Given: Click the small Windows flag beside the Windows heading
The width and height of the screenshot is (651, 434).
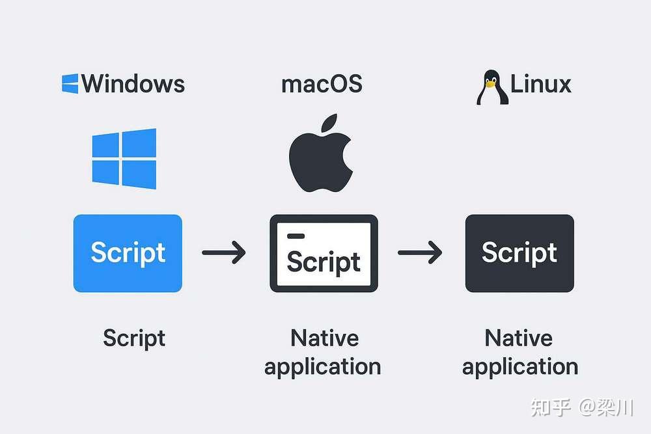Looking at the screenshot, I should pos(70,83).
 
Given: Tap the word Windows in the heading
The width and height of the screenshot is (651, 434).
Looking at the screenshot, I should pos(133,84).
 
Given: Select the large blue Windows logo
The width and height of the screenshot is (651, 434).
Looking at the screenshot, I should pos(124,159).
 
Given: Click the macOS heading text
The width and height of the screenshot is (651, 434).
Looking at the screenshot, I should pos(322,84).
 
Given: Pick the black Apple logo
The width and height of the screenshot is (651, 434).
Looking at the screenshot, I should pos(321,159).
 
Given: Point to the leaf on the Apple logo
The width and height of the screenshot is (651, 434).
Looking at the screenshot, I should pos(329,124).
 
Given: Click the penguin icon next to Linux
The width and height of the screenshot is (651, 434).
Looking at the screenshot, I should pos(490,88).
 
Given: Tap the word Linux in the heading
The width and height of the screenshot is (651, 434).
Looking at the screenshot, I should pos(540,84).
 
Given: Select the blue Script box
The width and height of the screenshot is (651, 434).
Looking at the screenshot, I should pos(128,253).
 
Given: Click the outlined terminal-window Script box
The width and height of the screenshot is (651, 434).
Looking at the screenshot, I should pos(324,253).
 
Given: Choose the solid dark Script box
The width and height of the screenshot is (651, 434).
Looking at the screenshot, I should pos(519,253).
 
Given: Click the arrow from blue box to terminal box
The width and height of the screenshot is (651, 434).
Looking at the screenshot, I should pos(224,252).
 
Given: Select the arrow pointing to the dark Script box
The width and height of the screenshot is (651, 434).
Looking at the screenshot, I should pos(420,252).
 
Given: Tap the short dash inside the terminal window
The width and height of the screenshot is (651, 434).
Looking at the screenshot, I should pos(295,236).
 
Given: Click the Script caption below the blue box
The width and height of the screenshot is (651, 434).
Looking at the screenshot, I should pos(134,338).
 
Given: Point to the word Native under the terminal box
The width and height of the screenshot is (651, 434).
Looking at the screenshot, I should pos(324,338).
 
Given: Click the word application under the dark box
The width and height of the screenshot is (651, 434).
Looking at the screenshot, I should pos(519,366).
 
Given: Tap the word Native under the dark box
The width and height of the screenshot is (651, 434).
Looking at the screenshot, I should pos(519,338).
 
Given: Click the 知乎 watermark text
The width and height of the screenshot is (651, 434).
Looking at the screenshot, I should pos(551,408).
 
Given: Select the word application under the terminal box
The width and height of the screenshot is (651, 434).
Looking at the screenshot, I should pos(322,366).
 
